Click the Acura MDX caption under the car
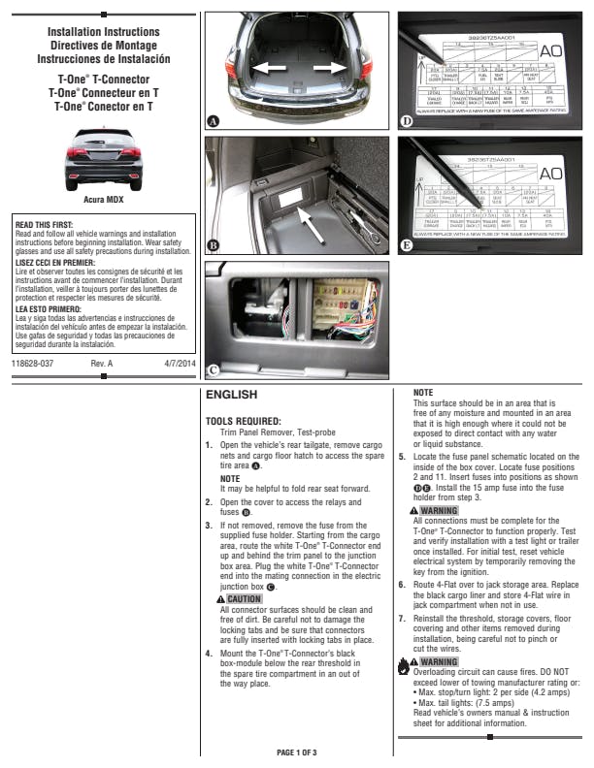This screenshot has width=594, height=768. click(102, 199)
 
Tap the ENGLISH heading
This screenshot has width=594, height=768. click(231, 396)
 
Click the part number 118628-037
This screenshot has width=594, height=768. click(33, 363)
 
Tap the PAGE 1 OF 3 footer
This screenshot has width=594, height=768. click(296, 752)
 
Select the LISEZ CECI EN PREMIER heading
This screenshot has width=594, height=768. click(53, 262)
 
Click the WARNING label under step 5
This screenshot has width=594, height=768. click(434, 510)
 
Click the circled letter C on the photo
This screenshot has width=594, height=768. click(214, 368)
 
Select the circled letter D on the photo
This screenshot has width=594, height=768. click(408, 121)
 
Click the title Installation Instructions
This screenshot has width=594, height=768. click(102, 32)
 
